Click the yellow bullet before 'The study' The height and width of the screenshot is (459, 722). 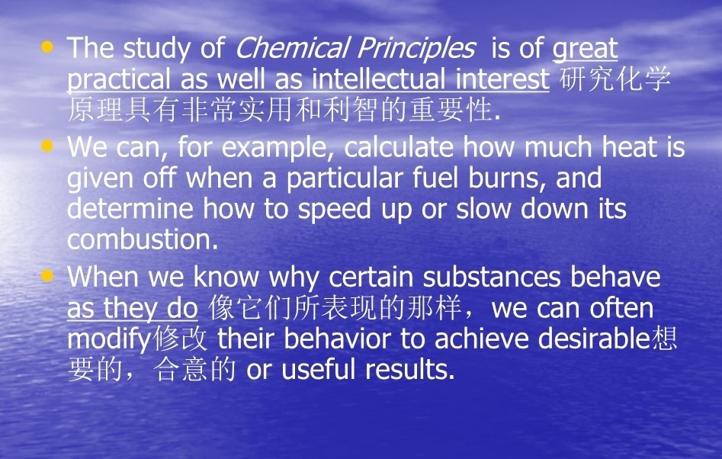(x=47, y=47)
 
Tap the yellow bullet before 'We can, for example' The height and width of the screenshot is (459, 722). (x=47, y=146)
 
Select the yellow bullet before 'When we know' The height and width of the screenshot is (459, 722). (x=47, y=276)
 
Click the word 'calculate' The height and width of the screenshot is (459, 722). (x=399, y=147)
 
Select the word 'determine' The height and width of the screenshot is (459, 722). (x=130, y=209)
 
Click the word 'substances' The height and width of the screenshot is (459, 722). (x=491, y=277)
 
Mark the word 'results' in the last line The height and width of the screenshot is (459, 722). (x=406, y=369)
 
